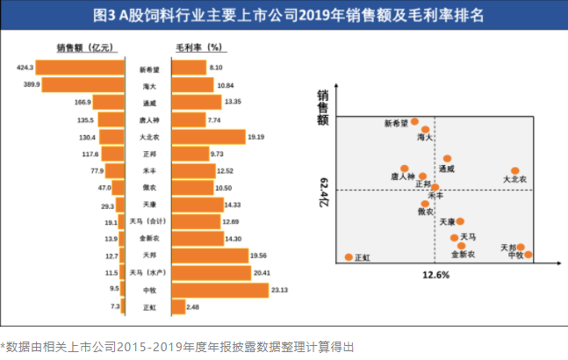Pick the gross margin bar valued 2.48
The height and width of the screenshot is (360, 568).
point(178,306)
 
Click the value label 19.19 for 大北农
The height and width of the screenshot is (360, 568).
point(256,137)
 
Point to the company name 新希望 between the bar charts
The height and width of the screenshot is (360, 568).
point(148,68)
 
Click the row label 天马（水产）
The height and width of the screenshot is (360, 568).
point(148,272)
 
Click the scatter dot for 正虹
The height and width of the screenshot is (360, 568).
point(349,257)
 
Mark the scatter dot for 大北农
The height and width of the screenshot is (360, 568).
point(515,171)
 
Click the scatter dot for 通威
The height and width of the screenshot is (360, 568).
point(447,159)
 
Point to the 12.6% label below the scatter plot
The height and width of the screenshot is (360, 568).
point(435,275)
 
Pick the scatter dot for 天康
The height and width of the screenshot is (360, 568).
point(460,222)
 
